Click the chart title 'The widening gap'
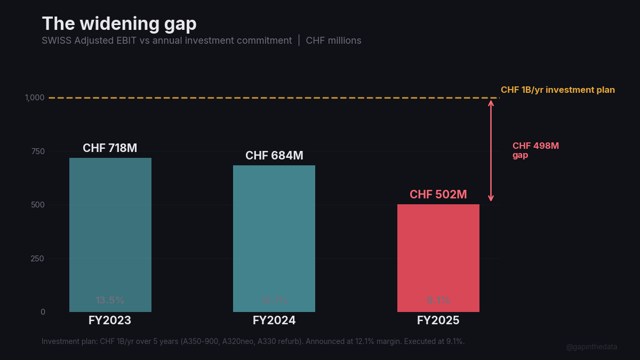coord(119,23)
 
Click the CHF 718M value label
coord(110,148)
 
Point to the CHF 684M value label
coord(274,156)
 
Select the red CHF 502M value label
coord(438,195)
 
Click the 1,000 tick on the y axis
coord(35,98)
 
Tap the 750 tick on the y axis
coord(38,151)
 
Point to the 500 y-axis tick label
coord(38,205)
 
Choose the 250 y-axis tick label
coord(38,259)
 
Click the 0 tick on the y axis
coord(43,312)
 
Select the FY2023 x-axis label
coord(110,321)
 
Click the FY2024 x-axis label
coord(274,321)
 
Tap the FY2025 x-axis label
coord(438,321)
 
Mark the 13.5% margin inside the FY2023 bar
coord(110,300)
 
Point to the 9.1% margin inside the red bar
coord(438,300)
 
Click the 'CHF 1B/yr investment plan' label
coord(557,90)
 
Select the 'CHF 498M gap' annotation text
coord(535,150)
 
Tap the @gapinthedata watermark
coord(591,347)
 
